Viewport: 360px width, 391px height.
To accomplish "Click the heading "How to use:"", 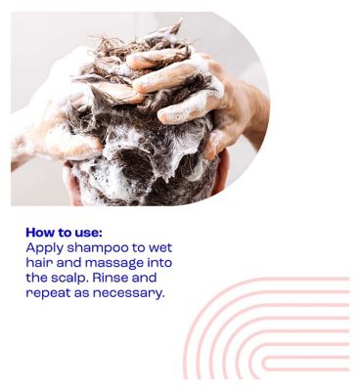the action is click(x=64, y=233).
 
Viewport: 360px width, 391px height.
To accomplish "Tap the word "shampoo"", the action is click(x=98, y=248).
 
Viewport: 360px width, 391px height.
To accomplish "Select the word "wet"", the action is click(x=160, y=248).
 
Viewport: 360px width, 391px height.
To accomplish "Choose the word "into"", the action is click(x=159, y=263).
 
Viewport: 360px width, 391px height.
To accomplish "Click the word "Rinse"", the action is click(x=111, y=278).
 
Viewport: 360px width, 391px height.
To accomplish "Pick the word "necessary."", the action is click(x=127, y=293).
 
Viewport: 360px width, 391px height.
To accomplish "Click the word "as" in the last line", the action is click(x=81, y=293).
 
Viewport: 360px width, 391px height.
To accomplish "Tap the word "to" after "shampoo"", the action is click(x=138, y=248).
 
